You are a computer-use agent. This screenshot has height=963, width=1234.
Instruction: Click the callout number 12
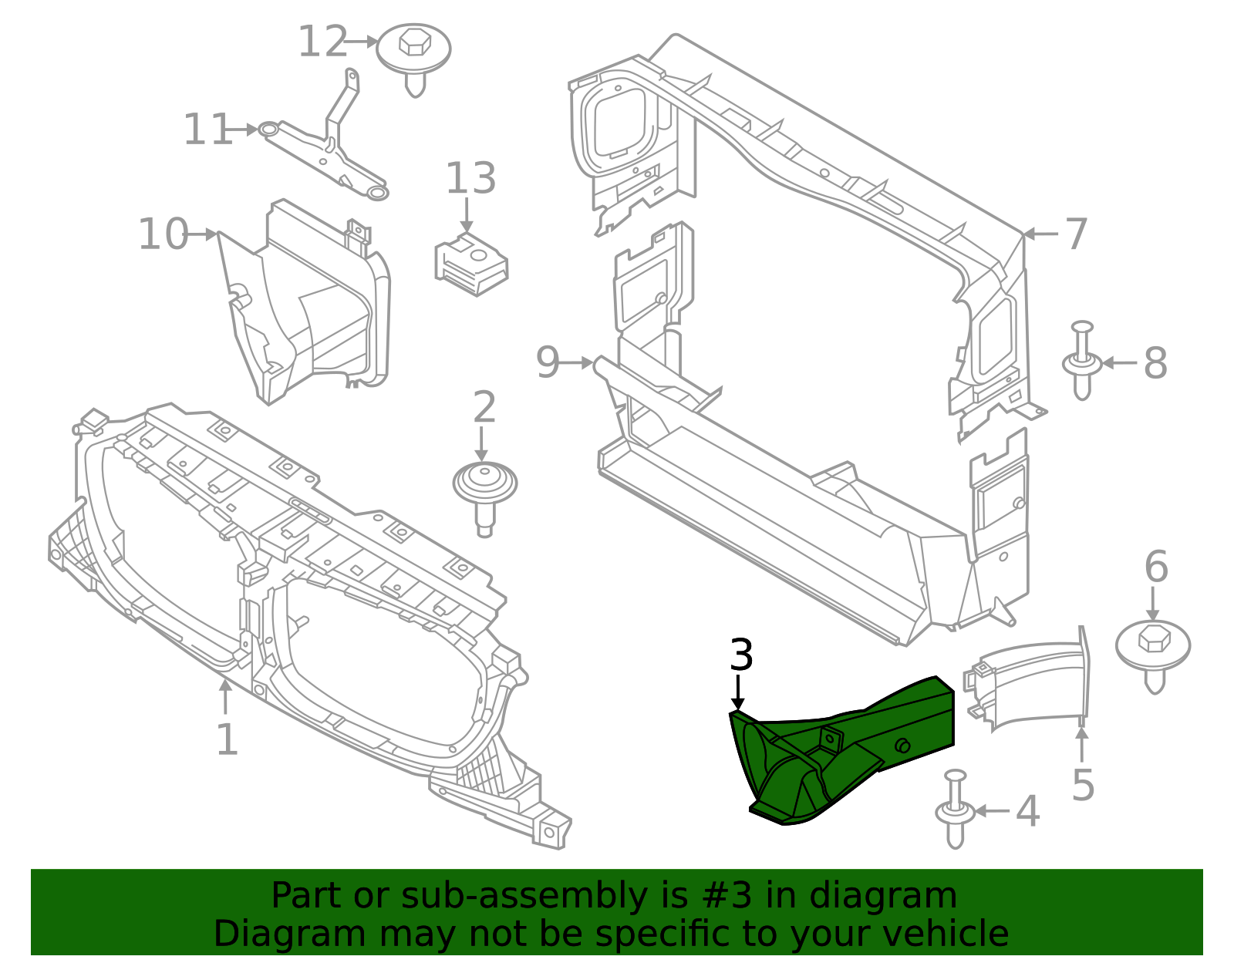pyautogui.click(x=322, y=42)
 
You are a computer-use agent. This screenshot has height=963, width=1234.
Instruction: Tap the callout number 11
pyautogui.click(x=207, y=130)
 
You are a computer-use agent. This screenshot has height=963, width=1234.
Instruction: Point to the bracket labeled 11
pyautogui.click(x=328, y=146)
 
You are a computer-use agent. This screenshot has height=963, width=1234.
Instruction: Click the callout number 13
pyautogui.click(x=470, y=179)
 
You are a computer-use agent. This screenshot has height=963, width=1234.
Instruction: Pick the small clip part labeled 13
pyautogui.click(x=471, y=264)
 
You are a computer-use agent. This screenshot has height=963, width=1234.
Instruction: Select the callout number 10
pyautogui.click(x=163, y=234)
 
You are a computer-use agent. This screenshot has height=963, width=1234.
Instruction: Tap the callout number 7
pyautogui.click(x=1076, y=234)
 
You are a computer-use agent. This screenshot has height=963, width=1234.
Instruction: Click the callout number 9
pyautogui.click(x=547, y=362)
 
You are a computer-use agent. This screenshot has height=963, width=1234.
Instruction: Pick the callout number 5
pyautogui.click(x=1083, y=785)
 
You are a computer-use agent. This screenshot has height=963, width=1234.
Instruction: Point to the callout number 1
pyautogui.click(x=226, y=740)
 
